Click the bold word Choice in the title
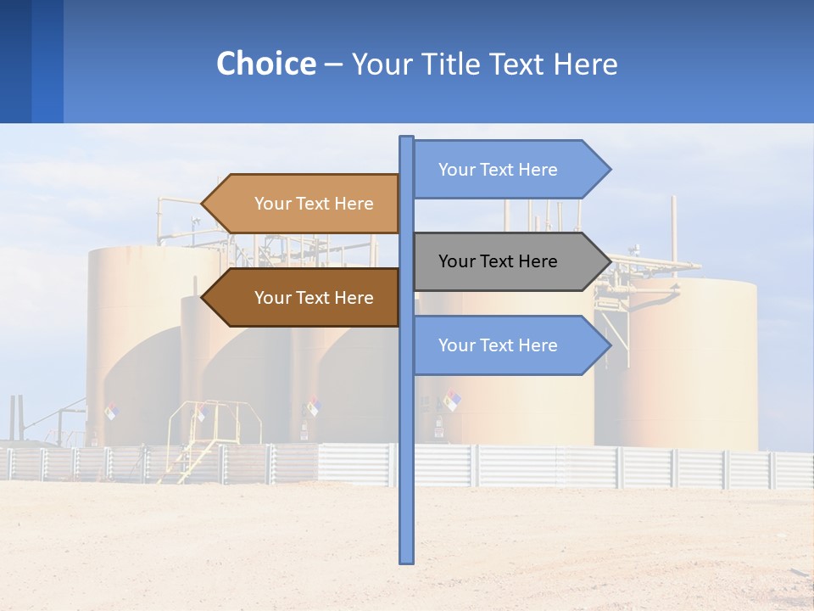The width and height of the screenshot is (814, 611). point(265,64)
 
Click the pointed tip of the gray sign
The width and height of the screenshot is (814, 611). point(609,261)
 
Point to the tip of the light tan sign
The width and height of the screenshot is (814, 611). point(203,204)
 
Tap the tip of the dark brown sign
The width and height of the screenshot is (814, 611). point(203,298)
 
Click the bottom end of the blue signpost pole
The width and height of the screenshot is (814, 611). point(407,559)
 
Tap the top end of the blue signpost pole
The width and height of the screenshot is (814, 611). point(407,139)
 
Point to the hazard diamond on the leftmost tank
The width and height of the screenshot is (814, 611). point(111,412)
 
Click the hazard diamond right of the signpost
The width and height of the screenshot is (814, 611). point(452,400)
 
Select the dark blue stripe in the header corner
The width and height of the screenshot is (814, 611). point(15,61)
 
